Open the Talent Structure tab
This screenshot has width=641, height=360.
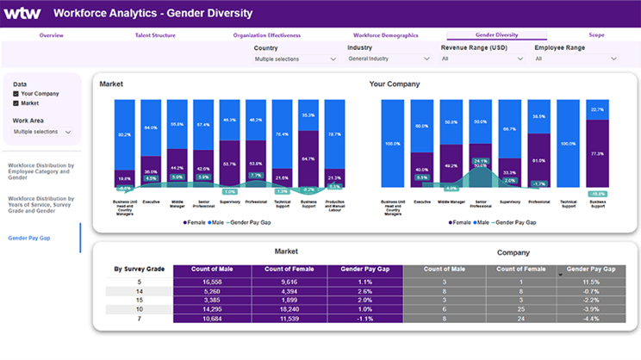[155, 35]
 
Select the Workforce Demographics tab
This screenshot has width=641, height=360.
[385, 35]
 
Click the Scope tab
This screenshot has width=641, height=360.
[596, 35]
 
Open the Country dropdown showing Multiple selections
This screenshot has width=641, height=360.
[295, 59]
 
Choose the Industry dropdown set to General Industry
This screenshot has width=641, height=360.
[388, 59]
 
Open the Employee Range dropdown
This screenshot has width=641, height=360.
[576, 59]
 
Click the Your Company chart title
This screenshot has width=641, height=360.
[394, 84]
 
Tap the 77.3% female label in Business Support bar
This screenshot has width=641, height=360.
[596, 153]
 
